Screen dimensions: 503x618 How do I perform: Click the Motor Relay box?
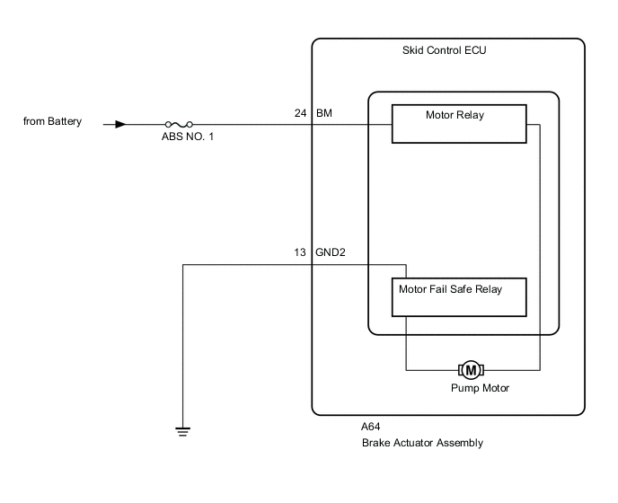(458, 123)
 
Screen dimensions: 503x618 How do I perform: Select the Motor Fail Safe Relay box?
(458, 297)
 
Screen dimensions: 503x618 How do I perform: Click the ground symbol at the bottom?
(183, 431)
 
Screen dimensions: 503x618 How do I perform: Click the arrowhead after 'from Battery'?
(119, 125)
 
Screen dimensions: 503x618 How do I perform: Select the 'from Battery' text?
(52, 121)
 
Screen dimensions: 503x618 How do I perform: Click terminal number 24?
(300, 114)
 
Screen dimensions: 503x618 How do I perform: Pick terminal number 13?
(300, 253)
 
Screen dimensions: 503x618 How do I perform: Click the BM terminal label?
(324, 114)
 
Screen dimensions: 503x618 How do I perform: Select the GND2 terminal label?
(331, 253)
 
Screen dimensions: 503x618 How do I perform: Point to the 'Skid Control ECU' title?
(444, 52)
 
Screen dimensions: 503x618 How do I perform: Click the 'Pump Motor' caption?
(480, 388)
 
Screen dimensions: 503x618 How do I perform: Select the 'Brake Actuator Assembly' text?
(422, 443)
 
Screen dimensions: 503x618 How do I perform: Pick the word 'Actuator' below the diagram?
(415, 443)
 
